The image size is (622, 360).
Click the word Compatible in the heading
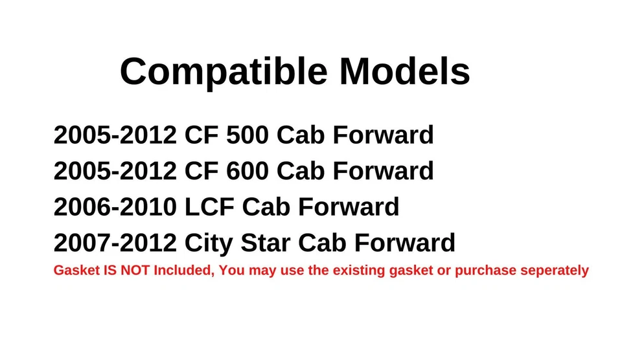point(224,71)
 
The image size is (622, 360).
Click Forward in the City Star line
point(408,243)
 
